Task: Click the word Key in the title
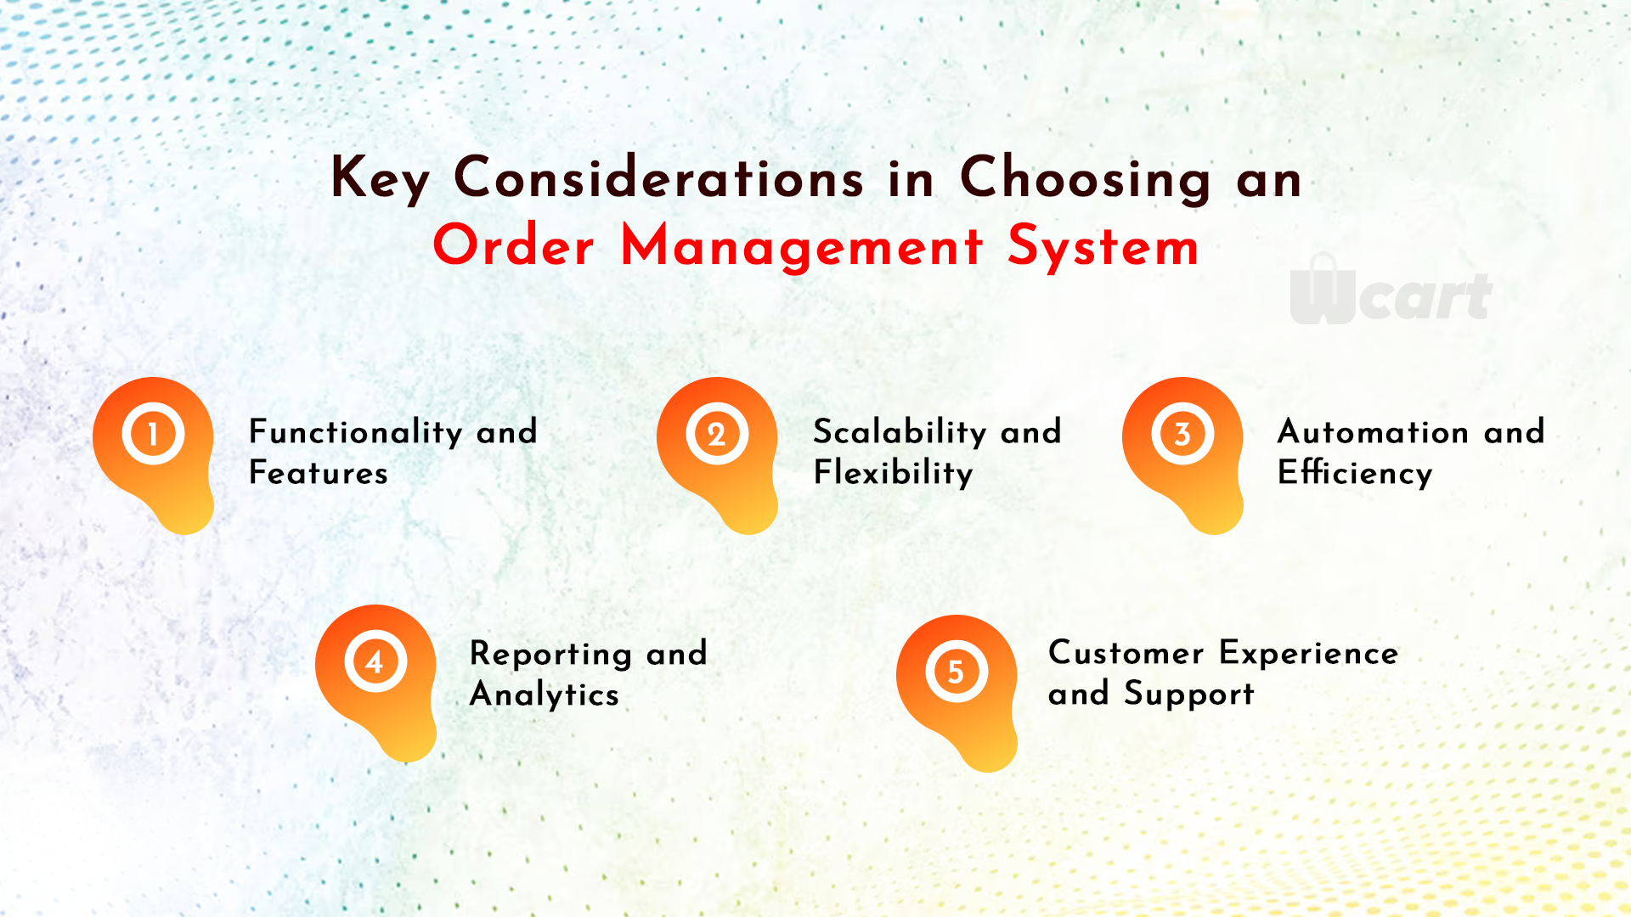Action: [380, 179]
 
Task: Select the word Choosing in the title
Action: [1086, 179]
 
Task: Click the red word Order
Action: [514, 246]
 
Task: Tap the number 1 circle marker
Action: [153, 434]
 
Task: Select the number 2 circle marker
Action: [717, 434]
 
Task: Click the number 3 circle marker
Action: [1182, 434]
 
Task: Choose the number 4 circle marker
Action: [375, 661]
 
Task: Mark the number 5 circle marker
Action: [957, 672]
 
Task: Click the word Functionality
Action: [356, 432]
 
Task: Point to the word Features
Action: [319, 472]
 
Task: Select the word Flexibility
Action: [893, 473]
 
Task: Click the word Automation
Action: [1373, 432]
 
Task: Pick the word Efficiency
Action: [1355, 473]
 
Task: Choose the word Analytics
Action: [545, 695]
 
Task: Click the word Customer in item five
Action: [1126, 653]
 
